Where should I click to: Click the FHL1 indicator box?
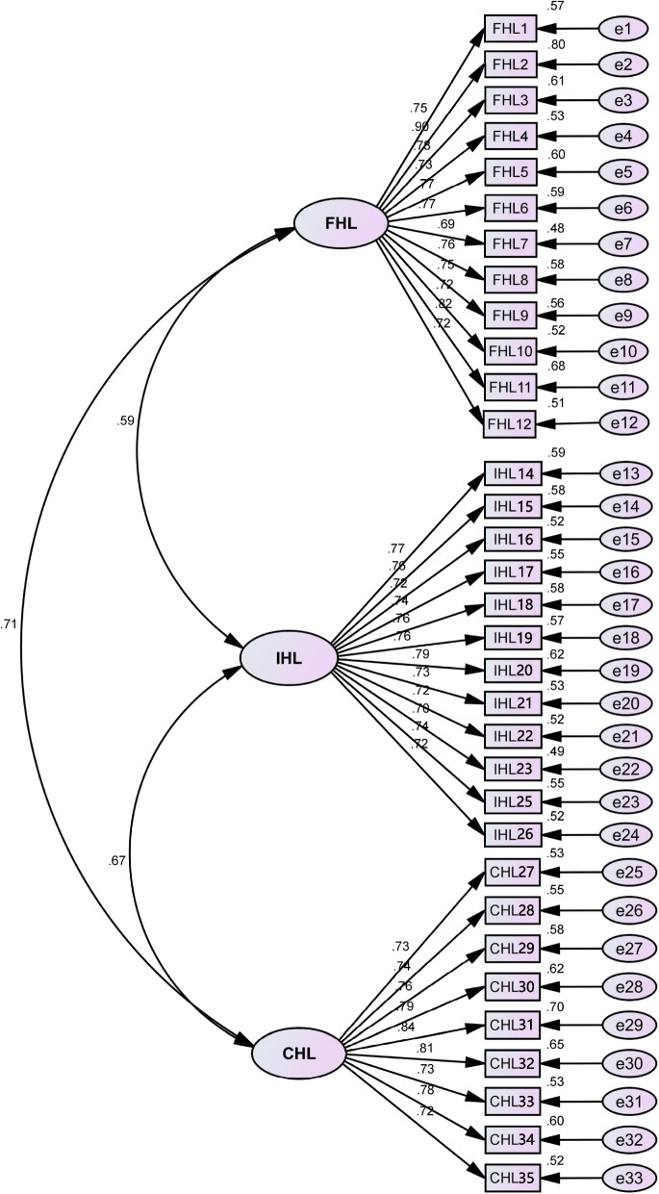(509, 30)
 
